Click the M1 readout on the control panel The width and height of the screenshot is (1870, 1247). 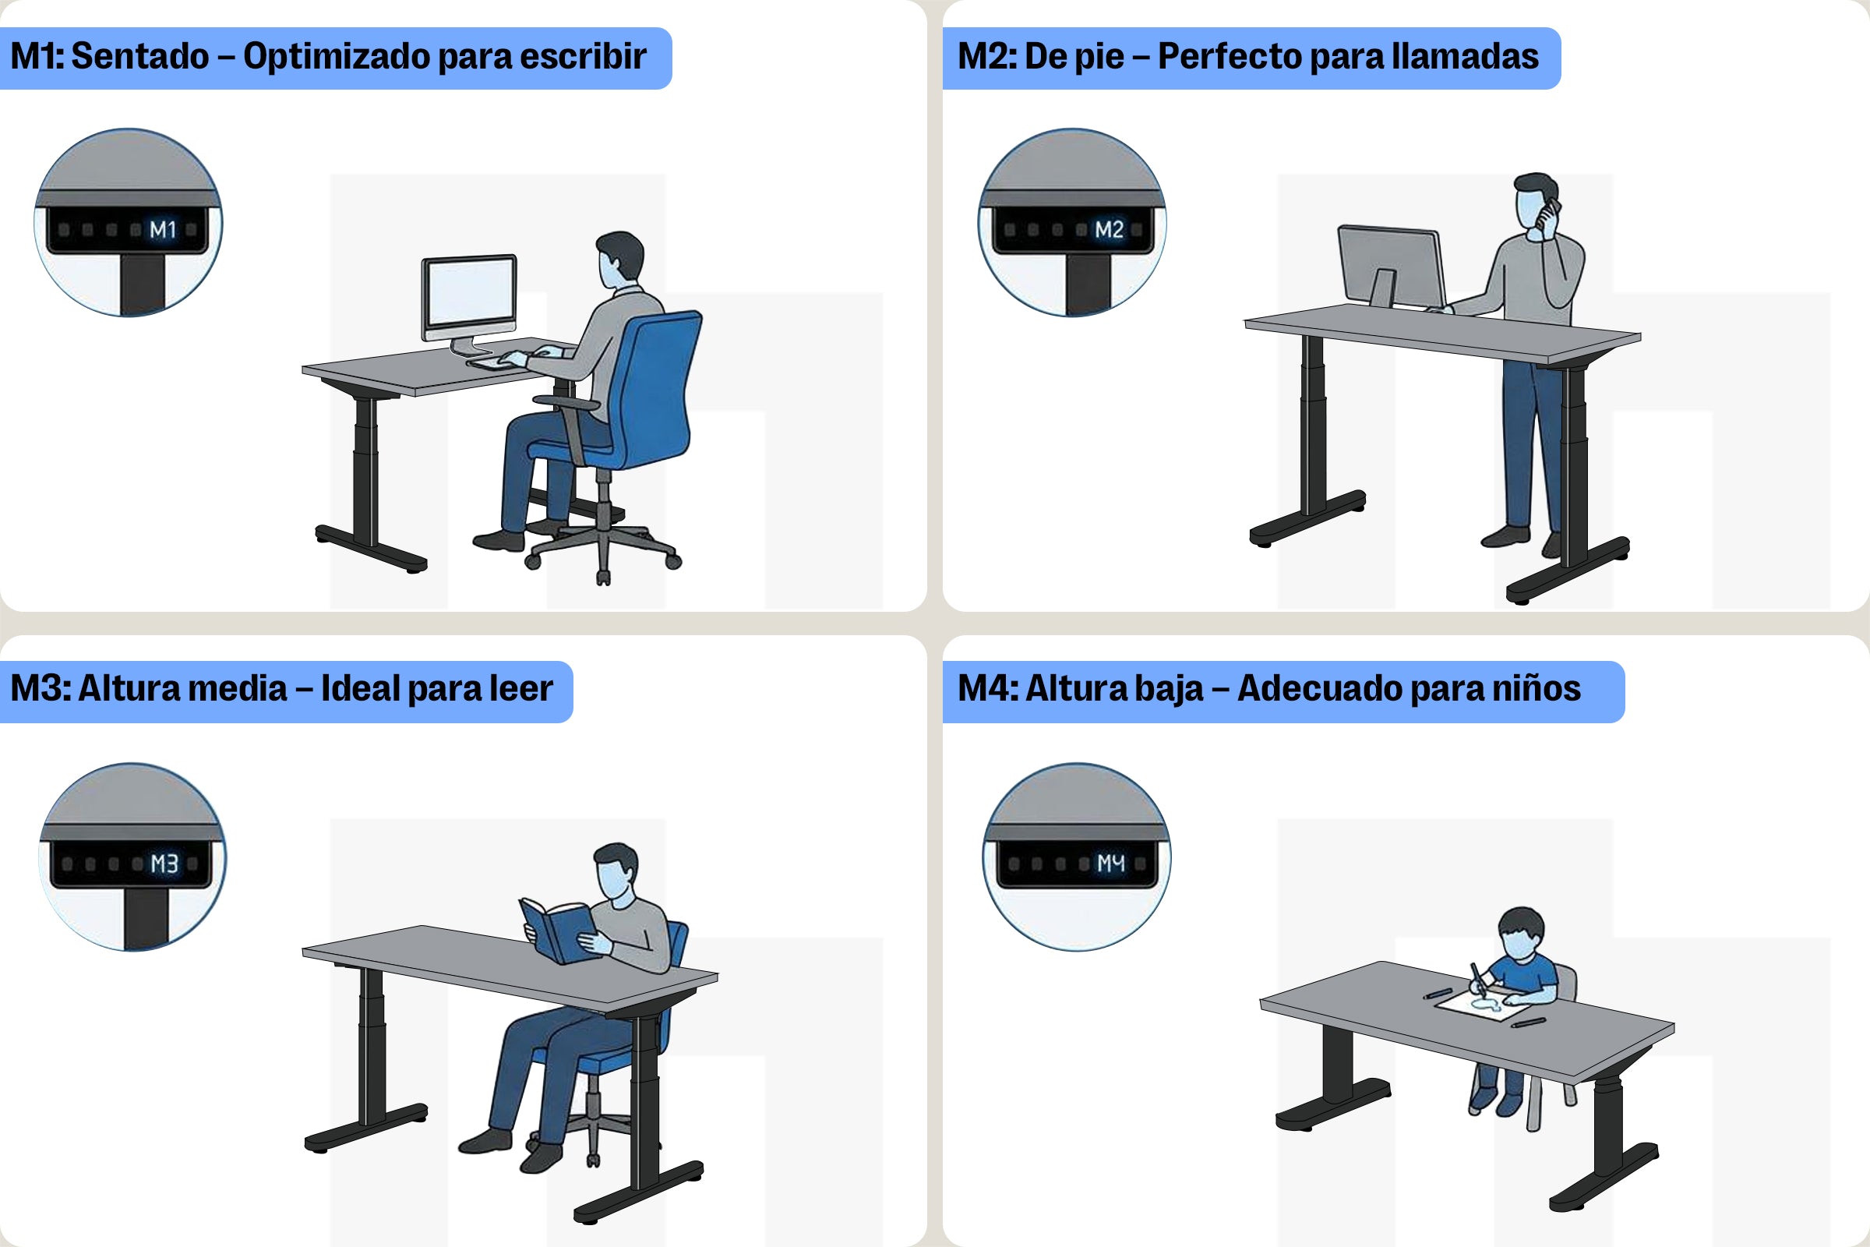click(x=162, y=230)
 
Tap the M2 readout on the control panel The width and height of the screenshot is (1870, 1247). click(x=1108, y=230)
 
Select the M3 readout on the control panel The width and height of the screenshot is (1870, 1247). click(x=164, y=864)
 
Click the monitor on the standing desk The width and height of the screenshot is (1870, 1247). click(x=1392, y=265)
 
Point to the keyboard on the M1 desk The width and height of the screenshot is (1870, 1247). click(x=497, y=361)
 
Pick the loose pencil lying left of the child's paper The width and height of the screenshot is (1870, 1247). click(x=1438, y=993)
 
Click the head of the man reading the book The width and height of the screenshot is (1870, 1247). click(x=616, y=871)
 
